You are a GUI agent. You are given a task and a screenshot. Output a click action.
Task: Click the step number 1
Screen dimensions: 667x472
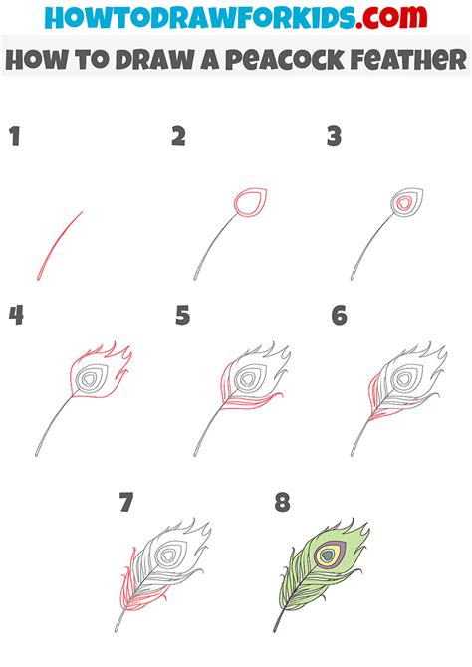15,136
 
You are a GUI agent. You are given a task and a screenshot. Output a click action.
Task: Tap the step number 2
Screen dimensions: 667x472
178,136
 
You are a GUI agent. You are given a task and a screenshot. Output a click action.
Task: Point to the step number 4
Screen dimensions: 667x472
16,316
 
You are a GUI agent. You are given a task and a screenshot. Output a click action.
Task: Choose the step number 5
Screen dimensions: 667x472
182,316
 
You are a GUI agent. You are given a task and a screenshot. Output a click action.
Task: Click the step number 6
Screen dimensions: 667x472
340,316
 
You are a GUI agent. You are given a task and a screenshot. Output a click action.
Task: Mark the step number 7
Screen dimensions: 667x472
126,503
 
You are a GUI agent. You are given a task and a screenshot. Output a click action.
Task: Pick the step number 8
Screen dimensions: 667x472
282,503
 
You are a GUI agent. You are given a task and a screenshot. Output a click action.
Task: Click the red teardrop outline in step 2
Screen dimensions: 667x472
246,204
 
